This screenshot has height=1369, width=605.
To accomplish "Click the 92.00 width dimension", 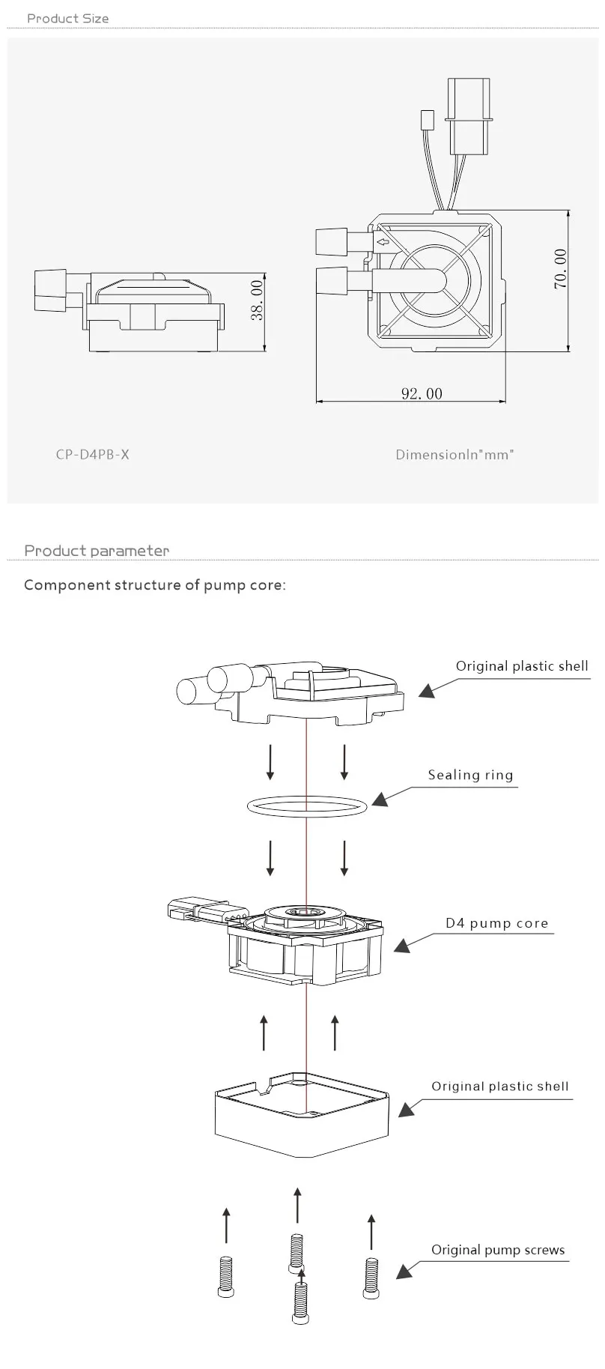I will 422,393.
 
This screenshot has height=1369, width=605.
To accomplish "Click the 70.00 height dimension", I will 560,269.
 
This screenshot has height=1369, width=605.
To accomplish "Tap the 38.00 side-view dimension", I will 258,300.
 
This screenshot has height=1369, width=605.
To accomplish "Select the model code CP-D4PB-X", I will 92,454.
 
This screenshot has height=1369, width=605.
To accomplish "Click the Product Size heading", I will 67,18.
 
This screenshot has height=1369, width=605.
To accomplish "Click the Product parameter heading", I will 97,551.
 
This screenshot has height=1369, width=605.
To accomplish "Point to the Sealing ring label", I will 470,775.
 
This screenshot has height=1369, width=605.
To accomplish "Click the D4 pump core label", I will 497,923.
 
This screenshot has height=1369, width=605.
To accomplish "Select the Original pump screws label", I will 498,1250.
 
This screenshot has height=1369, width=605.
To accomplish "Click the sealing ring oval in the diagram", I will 307,805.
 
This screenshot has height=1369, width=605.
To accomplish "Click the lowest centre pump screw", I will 301,1302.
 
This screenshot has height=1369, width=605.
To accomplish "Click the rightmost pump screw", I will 371,1278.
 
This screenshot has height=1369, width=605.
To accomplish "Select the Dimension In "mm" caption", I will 454,454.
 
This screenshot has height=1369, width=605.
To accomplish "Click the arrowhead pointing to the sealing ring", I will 380,800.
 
